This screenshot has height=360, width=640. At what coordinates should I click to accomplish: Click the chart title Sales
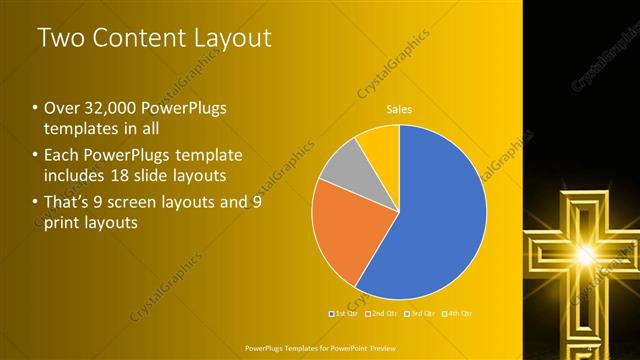coord(400,109)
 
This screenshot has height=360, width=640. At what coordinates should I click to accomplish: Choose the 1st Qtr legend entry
coord(344,313)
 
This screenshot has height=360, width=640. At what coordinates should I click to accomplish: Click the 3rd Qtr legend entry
coord(419,313)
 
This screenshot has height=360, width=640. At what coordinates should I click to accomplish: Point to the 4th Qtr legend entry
coord(457,313)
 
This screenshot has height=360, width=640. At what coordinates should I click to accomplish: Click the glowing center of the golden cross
coord(580,256)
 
